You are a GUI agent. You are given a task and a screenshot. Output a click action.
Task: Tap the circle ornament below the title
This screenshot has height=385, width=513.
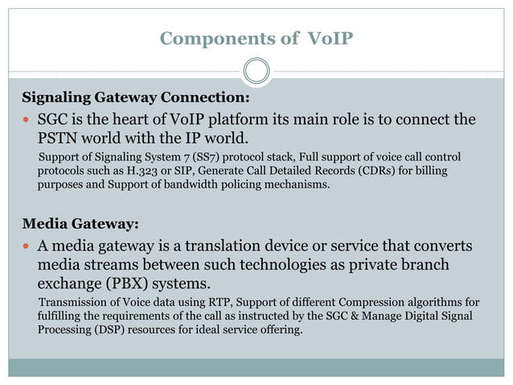click(x=256, y=72)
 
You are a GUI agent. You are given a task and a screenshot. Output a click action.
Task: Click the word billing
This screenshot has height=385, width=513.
click(x=428, y=171)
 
